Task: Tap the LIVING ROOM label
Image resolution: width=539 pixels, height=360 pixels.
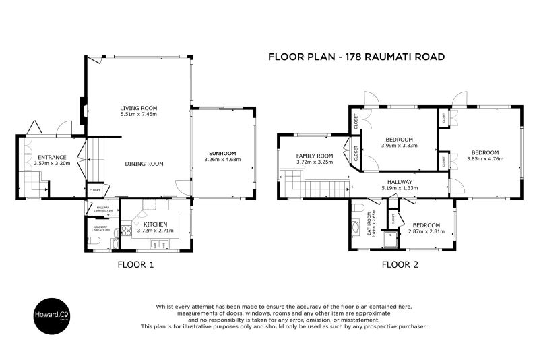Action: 138,107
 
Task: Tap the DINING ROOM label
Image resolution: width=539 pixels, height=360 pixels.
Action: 144,164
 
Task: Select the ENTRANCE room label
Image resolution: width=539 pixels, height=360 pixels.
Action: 51,157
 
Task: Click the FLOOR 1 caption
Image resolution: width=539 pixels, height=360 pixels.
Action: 135,265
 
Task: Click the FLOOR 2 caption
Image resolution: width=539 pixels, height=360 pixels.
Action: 400,265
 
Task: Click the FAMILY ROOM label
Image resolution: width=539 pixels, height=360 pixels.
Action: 315,156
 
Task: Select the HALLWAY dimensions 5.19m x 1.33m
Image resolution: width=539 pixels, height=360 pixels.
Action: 400,188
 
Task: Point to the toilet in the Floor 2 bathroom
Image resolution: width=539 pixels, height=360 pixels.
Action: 358,206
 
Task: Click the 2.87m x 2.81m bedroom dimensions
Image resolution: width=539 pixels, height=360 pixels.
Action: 426,232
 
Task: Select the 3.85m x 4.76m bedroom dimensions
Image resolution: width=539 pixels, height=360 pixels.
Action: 484,159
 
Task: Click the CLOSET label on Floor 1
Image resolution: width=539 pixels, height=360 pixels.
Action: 94,191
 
